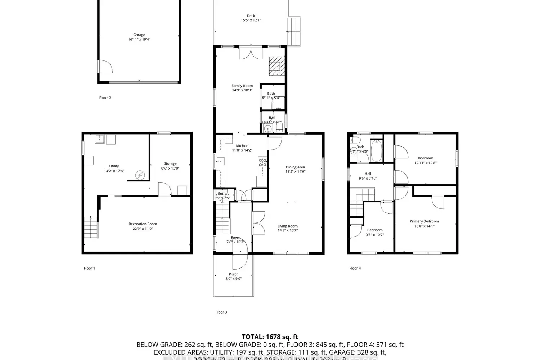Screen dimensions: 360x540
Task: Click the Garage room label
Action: (x=139, y=35)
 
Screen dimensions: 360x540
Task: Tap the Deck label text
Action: (x=251, y=16)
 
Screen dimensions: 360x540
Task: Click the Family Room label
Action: (x=242, y=86)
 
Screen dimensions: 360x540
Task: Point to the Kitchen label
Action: (x=242, y=146)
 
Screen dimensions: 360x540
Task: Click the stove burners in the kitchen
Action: (x=262, y=162)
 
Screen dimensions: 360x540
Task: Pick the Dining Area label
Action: (x=295, y=167)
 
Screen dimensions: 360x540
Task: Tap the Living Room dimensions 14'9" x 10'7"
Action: (x=287, y=230)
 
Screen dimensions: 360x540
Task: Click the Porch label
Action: (x=233, y=274)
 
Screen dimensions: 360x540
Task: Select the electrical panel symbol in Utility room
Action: (x=140, y=175)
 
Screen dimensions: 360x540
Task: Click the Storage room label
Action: (x=170, y=163)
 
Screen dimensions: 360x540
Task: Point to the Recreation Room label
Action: (x=143, y=224)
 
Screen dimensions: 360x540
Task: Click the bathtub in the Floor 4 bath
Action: (x=377, y=151)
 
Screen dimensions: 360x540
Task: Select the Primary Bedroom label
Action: (x=424, y=221)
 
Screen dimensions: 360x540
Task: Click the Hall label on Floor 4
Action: (x=368, y=174)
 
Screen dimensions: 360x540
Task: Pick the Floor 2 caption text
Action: (x=105, y=98)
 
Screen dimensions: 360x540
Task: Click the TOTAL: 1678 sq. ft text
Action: (x=270, y=337)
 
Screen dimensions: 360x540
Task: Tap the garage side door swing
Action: (x=105, y=67)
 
